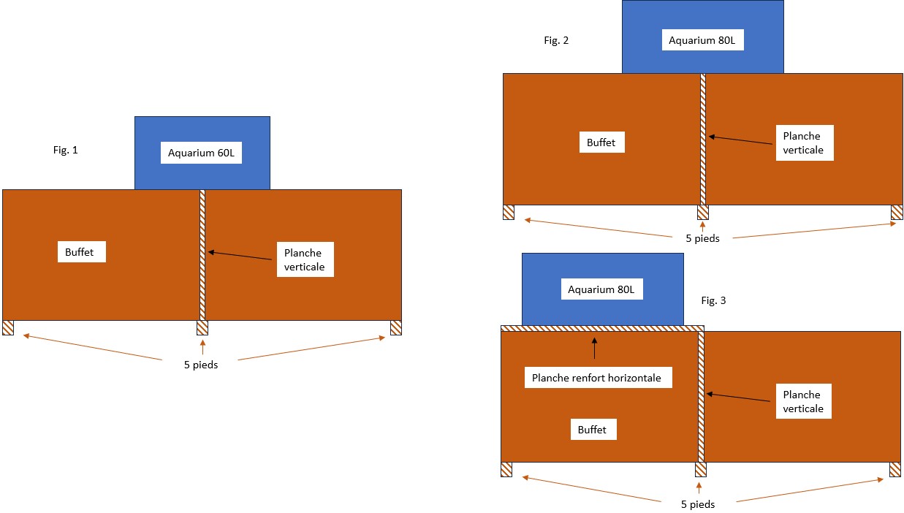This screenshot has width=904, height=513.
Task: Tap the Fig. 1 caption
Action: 65,151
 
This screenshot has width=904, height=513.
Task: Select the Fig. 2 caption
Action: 556,40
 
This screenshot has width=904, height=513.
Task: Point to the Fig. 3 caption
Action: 713,300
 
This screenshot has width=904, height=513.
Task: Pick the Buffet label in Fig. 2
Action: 601,142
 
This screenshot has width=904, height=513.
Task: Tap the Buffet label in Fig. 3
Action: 592,430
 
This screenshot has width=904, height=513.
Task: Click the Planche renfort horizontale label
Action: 596,378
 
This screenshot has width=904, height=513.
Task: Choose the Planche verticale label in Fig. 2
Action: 802,143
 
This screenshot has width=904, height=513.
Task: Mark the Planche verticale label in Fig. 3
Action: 802,402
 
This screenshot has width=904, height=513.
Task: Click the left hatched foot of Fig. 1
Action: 8,328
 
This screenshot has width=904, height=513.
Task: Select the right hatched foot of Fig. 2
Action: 897,213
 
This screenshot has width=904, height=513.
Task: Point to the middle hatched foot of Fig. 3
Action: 701,469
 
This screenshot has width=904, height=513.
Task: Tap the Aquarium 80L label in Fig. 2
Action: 702,41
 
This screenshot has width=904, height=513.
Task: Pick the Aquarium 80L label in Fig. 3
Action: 601,289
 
